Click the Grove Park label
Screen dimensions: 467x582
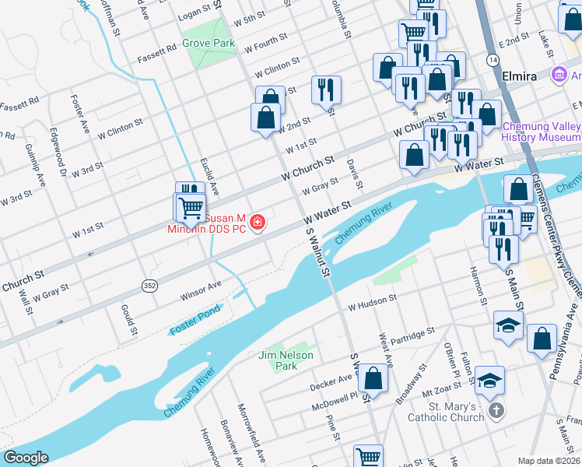(x=208, y=44)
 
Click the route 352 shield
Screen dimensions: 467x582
(x=149, y=286)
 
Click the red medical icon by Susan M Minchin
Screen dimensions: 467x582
(x=258, y=224)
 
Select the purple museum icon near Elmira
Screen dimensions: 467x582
(x=558, y=75)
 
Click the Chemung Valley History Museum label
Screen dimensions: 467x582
(x=542, y=132)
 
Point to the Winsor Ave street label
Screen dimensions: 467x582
(x=201, y=292)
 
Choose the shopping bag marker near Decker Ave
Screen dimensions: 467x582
(x=374, y=379)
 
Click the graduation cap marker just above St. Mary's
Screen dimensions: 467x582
(x=489, y=381)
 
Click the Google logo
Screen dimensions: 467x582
(x=26, y=458)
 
